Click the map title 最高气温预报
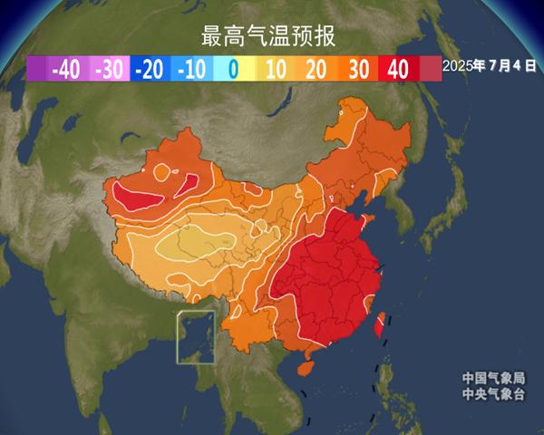(x=268, y=37)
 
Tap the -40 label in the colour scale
(x=66, y=69)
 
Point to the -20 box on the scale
(x=151, y=69)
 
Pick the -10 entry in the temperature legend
(x=191, y=69)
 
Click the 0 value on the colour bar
(x=233, y=69)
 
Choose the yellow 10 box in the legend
(x=276, y=69)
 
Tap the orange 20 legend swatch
(x=316, y=69)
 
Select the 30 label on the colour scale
(x=358, y=69)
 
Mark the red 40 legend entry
(x=398, y=69)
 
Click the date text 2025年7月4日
(x=489, y=67)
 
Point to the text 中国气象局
(x=493, y=378)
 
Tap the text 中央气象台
(x=493, y=393)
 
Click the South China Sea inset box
(x=197, y=337)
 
